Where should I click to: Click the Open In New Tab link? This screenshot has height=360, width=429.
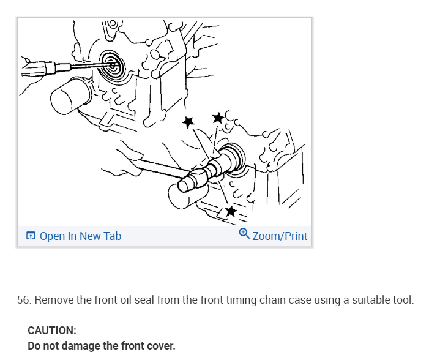80,236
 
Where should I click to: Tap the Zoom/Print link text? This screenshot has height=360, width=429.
280,236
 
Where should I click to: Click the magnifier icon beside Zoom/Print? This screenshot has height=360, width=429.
244,234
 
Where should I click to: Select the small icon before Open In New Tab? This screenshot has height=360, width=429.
31,236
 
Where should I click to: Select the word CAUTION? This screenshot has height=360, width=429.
52,331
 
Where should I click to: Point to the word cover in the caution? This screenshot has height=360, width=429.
161,346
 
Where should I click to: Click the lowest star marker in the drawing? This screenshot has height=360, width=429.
231,212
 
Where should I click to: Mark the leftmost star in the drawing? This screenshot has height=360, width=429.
188,122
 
